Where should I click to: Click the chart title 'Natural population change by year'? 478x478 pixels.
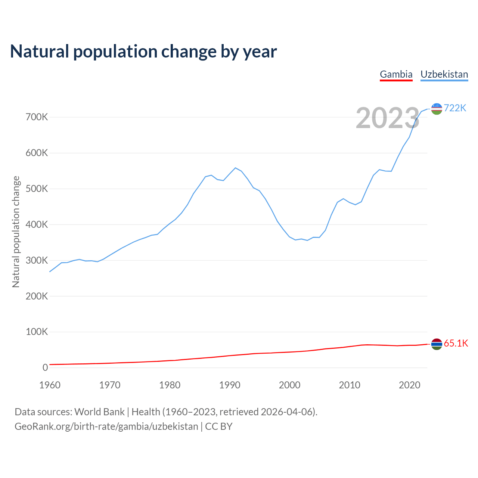[143, 52]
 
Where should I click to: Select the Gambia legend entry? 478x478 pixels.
[396, 74]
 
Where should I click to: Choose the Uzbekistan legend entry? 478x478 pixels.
[444, 74]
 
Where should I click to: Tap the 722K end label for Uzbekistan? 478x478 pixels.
[455, 108]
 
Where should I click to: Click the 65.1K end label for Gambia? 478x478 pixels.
[456, 344]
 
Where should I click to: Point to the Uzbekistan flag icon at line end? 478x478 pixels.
[437, 109]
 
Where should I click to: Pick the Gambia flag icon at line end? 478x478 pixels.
[437, 344]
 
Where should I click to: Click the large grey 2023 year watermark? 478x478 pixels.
[387, 118]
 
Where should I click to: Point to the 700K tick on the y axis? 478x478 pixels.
[37, 117]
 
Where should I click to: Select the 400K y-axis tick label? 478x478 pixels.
[37, 225]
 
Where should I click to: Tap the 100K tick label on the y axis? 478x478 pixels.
[37, 332]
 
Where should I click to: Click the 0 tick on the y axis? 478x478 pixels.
[45, 367]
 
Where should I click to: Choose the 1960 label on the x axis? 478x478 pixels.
[50, 385]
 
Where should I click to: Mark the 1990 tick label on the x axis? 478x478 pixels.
[230, 385]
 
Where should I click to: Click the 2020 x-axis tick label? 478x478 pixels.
[410, 385]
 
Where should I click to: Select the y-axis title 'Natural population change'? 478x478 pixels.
[16, 232]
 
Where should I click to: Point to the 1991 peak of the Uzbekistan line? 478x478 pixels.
[235, 168]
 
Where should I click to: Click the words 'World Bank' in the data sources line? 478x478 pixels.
[99, 412]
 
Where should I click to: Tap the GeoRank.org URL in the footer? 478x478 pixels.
[106, 426]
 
